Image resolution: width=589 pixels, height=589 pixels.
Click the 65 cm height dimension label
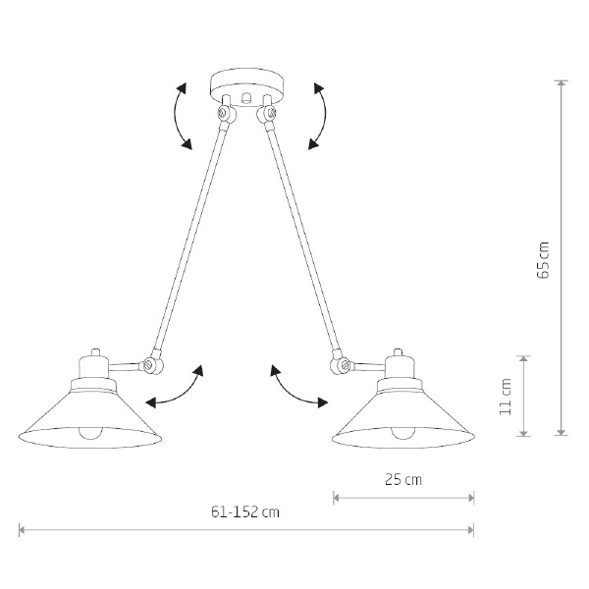(543, 260)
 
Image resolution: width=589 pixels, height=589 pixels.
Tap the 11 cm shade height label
(506, 397)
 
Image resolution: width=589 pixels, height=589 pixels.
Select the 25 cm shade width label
(403, 479)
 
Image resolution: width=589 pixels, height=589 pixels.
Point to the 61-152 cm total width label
(245, 512)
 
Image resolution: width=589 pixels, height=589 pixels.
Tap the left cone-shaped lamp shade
(90, 418)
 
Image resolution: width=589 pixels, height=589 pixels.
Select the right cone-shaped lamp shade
(403, 418)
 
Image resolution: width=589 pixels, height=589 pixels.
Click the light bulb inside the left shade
(90, 433)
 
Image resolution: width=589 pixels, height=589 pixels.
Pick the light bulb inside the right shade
(403, 433)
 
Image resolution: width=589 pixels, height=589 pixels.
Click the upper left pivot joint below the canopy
(227, 113)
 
